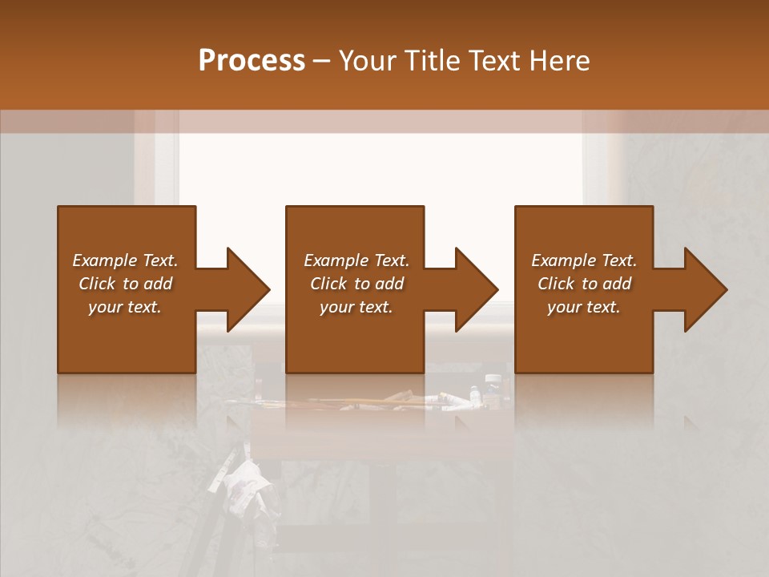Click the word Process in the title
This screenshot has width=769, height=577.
(x=252, y=61)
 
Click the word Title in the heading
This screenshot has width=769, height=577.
(x=430, y=61)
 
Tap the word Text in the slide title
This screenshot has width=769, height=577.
(x=493, y=61)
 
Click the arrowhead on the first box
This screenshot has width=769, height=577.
(x=240, y=289)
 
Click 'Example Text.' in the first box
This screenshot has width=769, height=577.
(x=125, y=260)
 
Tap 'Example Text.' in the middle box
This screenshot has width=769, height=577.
(x=356, y=260)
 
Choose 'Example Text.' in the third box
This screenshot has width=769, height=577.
(x=584, y=260)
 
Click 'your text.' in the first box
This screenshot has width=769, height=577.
(x=125, y=307)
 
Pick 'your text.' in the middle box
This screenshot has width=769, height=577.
(x=356, y=307)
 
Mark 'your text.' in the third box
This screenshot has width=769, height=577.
(x=584, y=307)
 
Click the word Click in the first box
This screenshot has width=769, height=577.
(x=98, y=284)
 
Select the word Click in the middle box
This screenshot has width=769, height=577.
(x=329, y=284)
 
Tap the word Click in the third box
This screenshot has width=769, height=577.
(x=557, y=284)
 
